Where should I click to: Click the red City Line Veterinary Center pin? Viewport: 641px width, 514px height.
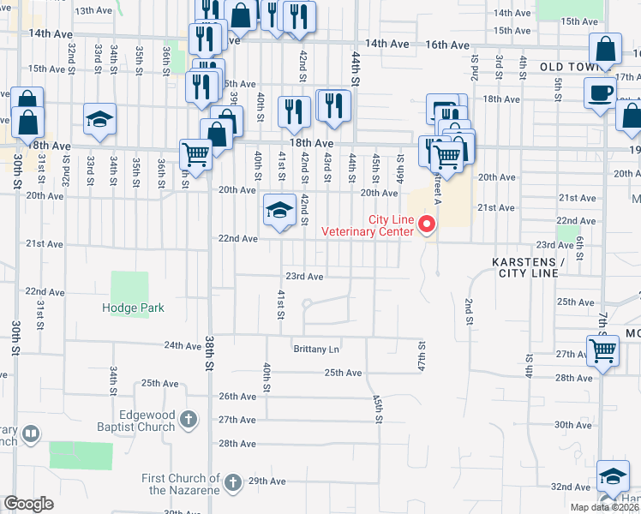click(426, 225)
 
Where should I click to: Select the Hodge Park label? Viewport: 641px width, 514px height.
click(133, 308)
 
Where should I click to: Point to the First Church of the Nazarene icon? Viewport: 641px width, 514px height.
click(232, 484)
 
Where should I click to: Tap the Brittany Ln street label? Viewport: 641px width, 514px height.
click(316, 350)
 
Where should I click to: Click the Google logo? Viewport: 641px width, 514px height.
click(28, 504)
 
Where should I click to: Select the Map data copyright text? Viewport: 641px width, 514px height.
click(604, 507)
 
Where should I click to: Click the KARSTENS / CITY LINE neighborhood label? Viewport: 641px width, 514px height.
click(528, 266)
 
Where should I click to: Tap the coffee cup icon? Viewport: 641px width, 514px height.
click(600, 93)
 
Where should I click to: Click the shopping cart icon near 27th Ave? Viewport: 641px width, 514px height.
click(602, 350)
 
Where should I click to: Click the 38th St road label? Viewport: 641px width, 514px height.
click(208, 352)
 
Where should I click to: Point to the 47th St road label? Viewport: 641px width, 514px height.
click(422, 353)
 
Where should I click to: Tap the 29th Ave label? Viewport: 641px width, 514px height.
click(266, 482)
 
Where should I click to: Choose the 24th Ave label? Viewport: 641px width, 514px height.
click(183, 346)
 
